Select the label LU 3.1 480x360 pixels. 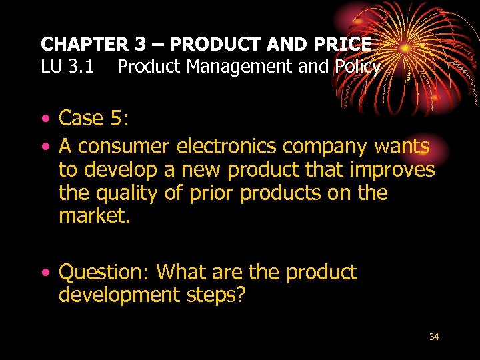pyautogui.click(x=65, y=67)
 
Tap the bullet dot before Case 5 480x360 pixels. pyautogui.click(x=44, y=119)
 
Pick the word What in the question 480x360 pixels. pyautogui.click(x=181, y=272)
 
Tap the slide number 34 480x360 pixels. pyautogui.click(x=433, y=337)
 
